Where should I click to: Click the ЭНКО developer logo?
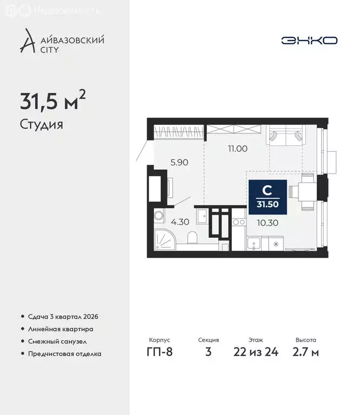(309, 41)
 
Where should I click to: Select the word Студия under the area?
(42, 125)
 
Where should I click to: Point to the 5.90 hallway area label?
(178, 161)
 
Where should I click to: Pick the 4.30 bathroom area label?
(179, 222)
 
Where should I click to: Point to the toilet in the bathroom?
(192, 238)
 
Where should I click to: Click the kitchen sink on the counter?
(254, 245)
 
